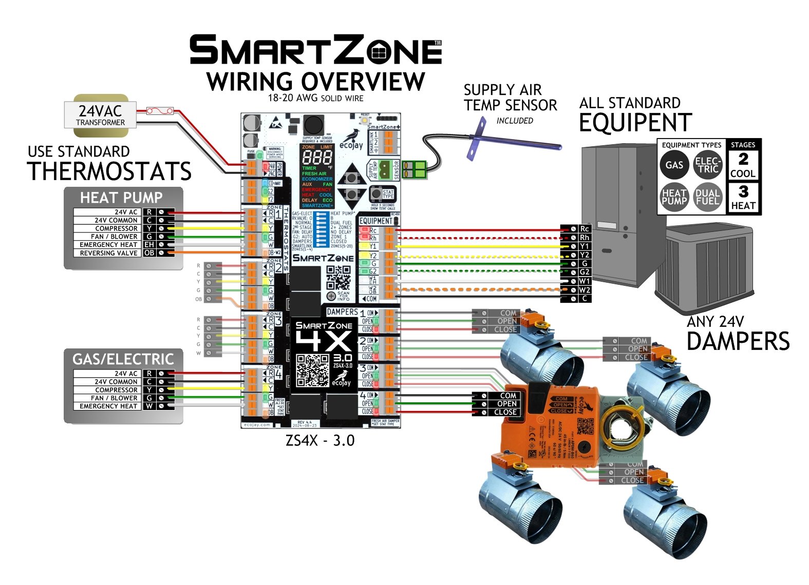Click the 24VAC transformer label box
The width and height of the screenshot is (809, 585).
click(x=101, y=115)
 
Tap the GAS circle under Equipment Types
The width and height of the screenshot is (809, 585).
click(x=674, y=165)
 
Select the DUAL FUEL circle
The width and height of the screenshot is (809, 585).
click(x=707, y=197)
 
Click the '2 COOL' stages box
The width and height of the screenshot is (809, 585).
click(x=743, y=165)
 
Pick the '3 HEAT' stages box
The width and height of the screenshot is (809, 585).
click(x=743, y=198)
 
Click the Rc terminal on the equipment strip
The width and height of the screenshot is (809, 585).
click(x=584, y=229)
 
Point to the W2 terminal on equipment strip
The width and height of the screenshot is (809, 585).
click(x=584, y=290)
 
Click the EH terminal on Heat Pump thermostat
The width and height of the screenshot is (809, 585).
click(x=149, y=245)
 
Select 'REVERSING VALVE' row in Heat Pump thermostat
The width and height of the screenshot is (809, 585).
click(x=108, y=253)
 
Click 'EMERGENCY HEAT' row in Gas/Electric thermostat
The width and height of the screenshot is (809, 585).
click(x=108, y=406)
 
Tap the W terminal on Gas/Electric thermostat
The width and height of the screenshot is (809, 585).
click(x=149, y=406)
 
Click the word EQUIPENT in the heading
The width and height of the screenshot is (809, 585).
click(x=635, y=123)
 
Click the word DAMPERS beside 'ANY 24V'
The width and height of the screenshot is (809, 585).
click(x=738, y=342)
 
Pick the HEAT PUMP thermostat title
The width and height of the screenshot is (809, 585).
click(x=121, y=198)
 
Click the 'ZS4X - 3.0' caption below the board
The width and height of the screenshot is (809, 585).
click(x=319, y=441)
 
